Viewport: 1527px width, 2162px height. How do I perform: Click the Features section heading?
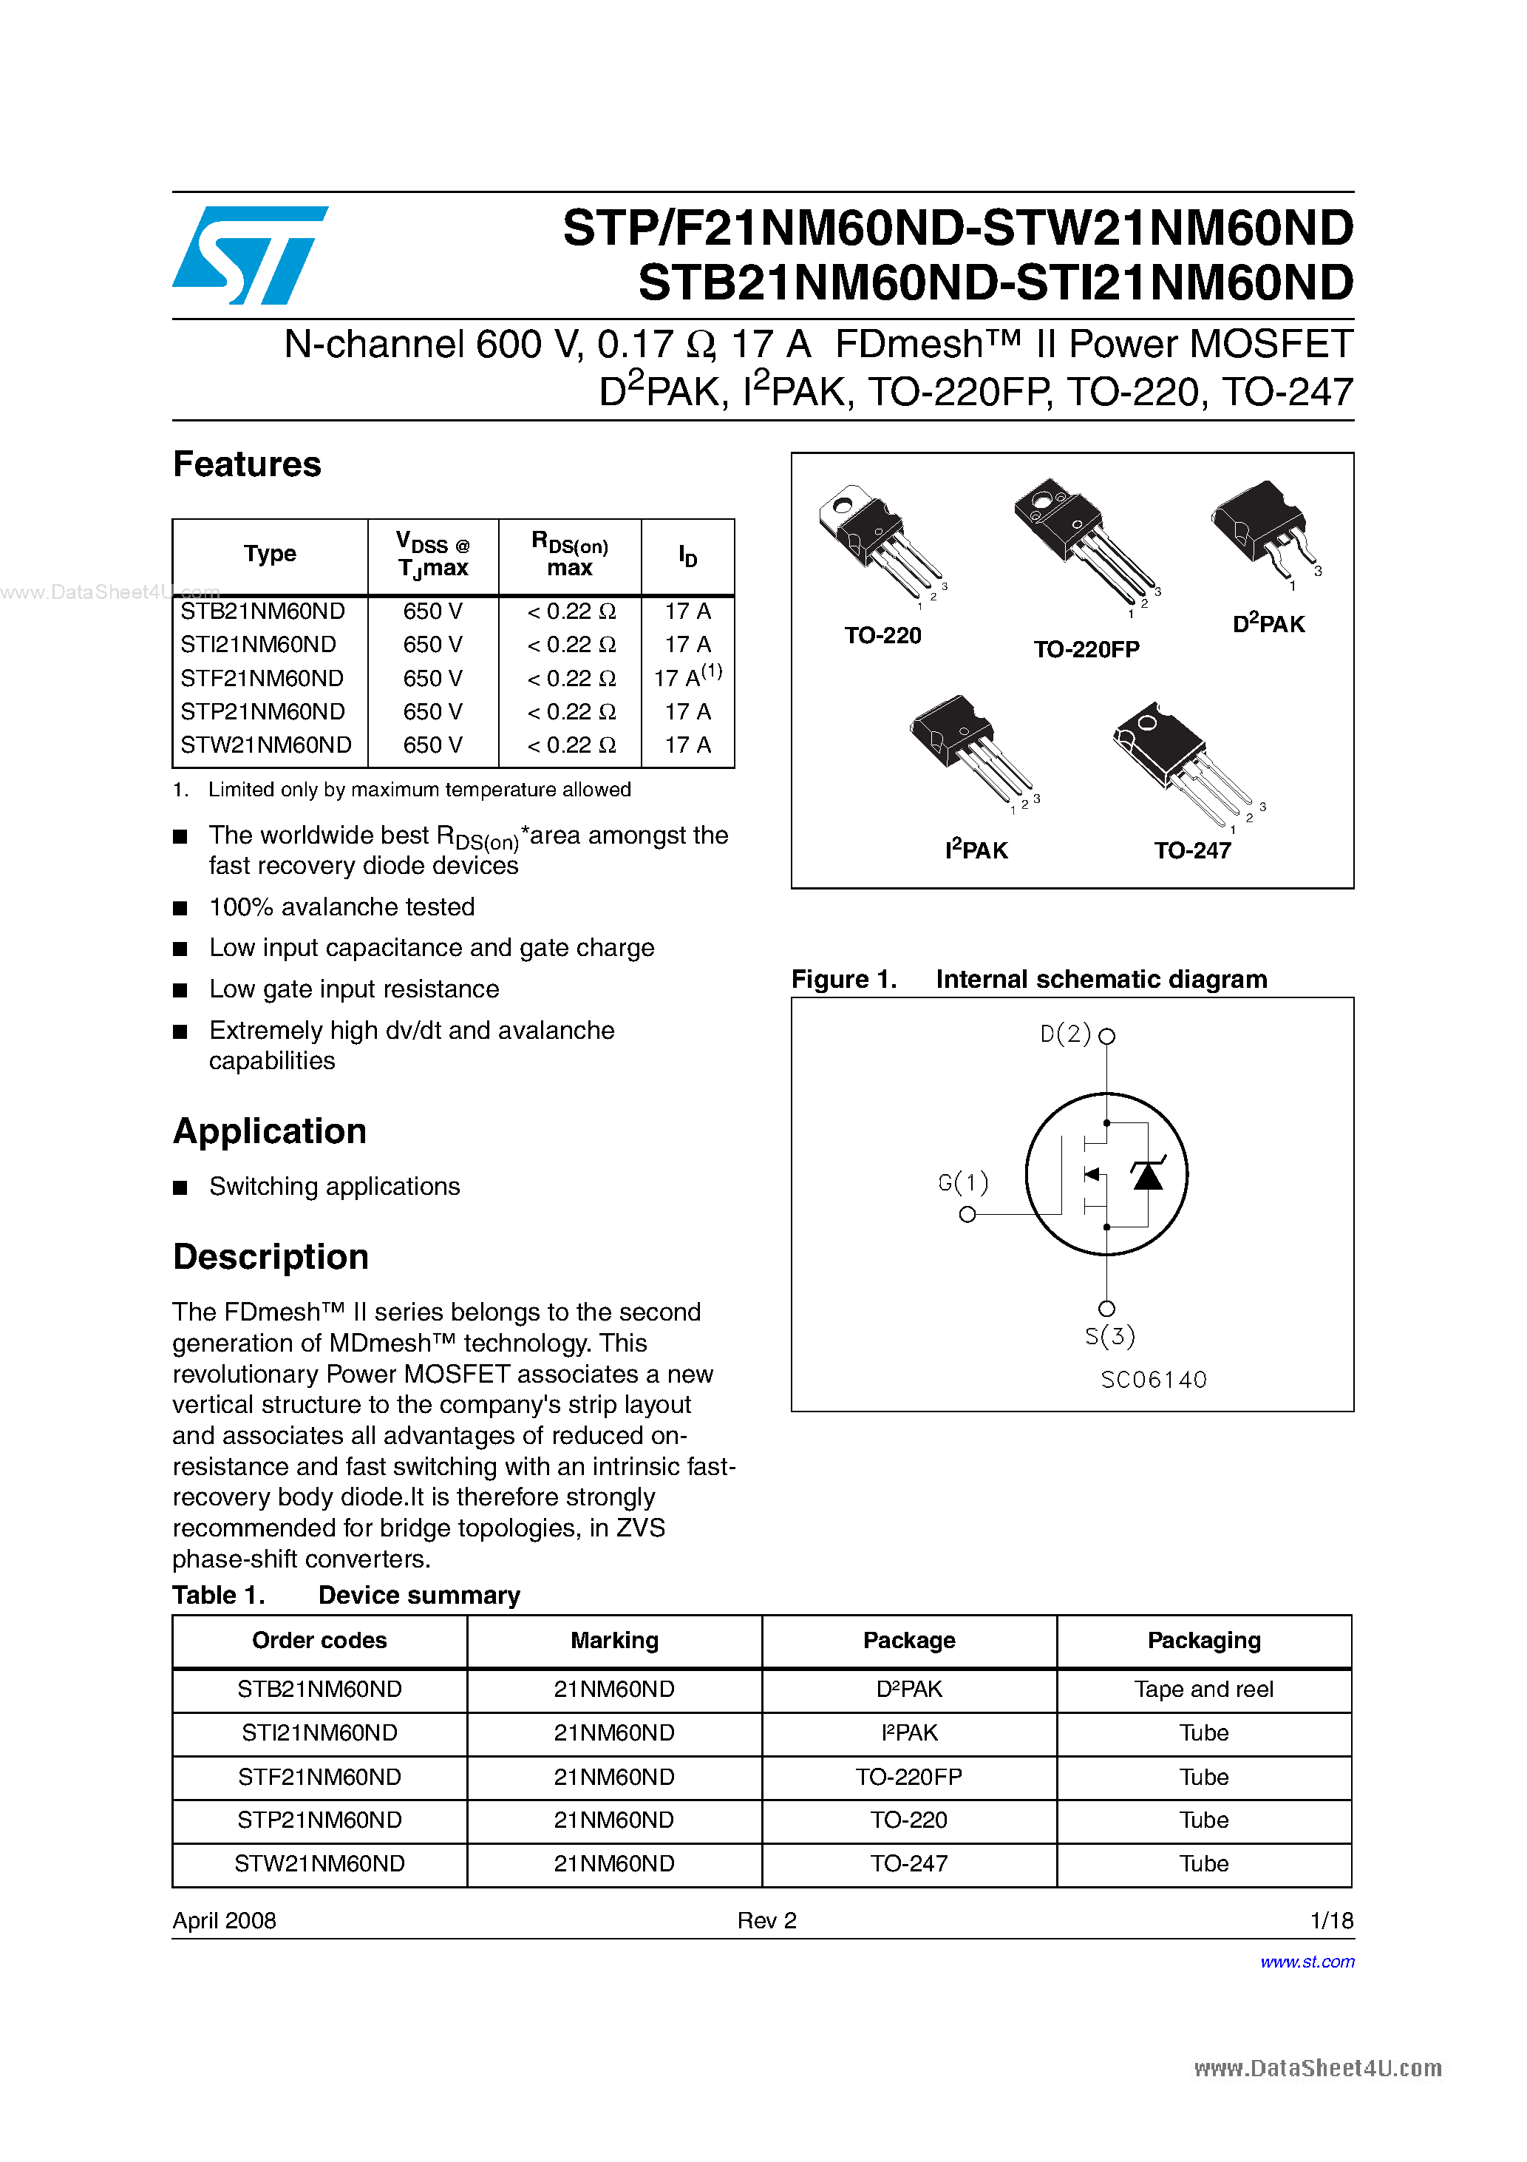point(247,464)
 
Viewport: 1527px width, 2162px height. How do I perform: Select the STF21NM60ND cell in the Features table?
point(262,678)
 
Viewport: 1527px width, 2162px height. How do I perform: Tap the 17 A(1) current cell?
point(688,677)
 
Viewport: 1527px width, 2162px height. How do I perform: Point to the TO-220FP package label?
point(1086,650)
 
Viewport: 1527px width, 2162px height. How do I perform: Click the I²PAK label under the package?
point(976,850)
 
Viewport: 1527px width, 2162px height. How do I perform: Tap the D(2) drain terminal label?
point(1065,1034)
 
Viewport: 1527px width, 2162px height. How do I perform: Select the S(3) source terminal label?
point(1109,1336)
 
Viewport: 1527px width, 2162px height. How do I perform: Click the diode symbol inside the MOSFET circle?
point(1146,1175)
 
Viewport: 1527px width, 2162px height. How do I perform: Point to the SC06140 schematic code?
point(1153,1380)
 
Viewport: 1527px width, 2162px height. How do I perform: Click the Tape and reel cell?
point(1203,1690)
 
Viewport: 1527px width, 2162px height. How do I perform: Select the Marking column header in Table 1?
point(613,1640)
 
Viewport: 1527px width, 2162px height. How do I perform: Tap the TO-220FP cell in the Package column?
point(908,1777)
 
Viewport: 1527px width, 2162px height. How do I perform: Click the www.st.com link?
point(1307,1962)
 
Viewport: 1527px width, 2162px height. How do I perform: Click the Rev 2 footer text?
point(766,1920)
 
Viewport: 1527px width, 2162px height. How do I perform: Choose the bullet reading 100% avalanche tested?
point(341,907)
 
